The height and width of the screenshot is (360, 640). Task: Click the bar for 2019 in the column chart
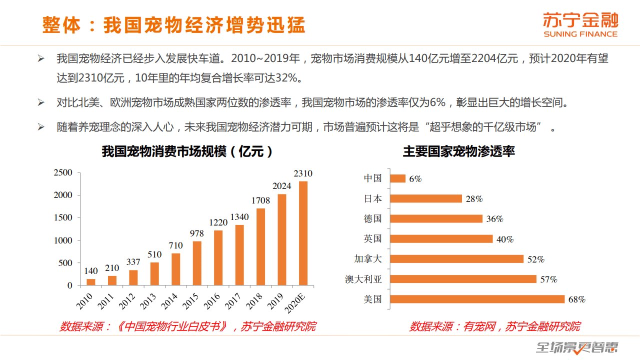coord(282,239)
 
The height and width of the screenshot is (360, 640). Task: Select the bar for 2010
coord(91,282)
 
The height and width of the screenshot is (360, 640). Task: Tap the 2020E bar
coord(303,233)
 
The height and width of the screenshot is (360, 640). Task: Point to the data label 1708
coord(260,200)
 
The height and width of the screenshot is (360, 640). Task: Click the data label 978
coord(197,233)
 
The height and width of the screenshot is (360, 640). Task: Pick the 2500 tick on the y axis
coord(63,172)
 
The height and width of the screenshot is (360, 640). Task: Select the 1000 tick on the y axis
coord(63,240)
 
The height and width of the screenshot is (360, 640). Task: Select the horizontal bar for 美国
coord(477,299)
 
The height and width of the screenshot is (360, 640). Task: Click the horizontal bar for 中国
coord(397,178)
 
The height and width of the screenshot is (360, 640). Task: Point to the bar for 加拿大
coord(456,259)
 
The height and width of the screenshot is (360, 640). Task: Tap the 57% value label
coord(548,279)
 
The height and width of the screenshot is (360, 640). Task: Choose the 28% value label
coord(474,199)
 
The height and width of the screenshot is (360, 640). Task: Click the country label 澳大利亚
coord(363,279)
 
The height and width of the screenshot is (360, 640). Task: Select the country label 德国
coord(372,218)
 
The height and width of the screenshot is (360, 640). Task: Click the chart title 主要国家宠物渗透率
coord(458,151)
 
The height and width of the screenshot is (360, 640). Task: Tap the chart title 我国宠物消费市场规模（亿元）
coord(187,151)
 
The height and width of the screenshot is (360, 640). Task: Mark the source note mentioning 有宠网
coord(494,327)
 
